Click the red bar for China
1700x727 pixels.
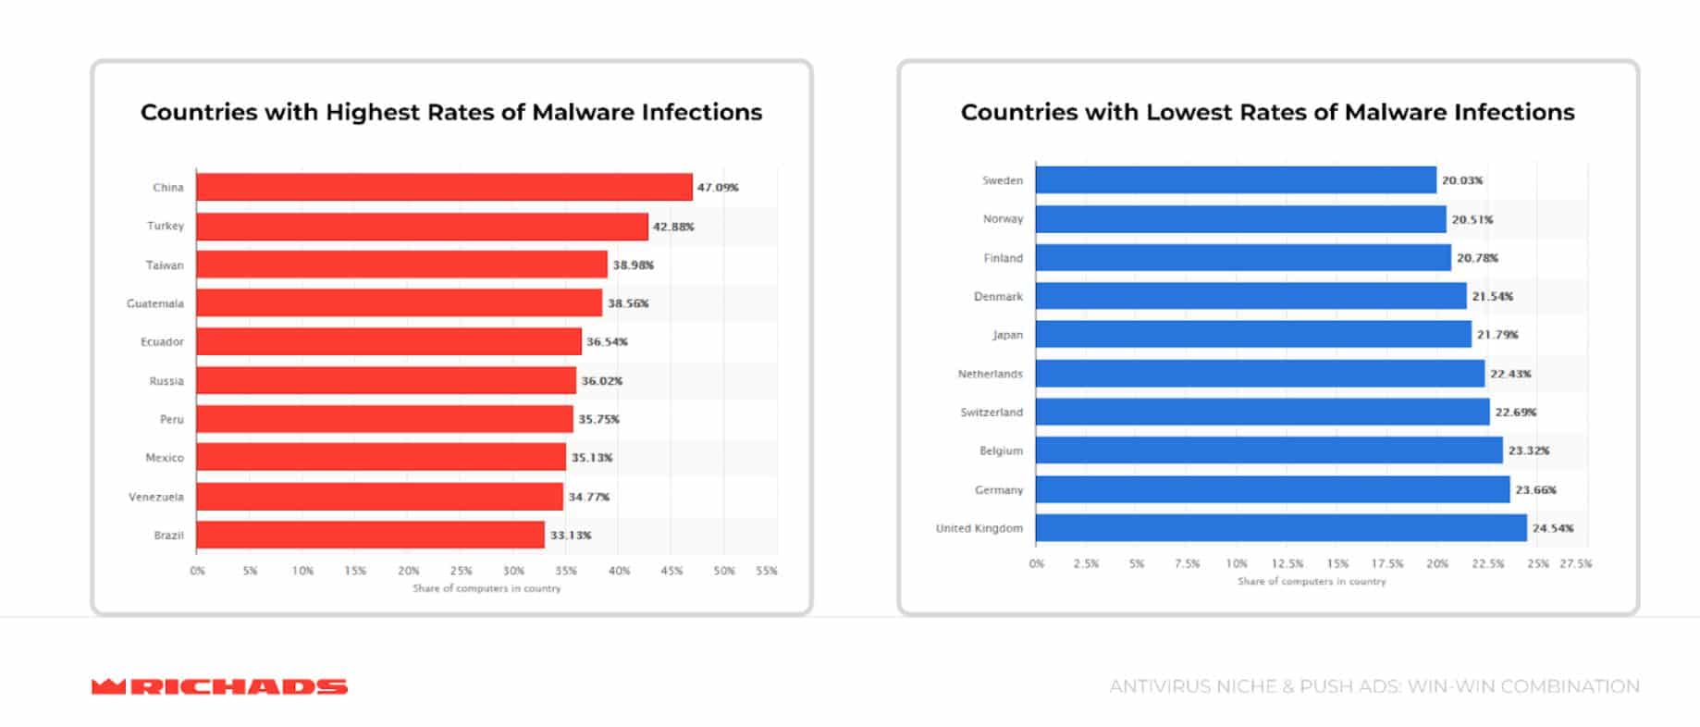(444, 187)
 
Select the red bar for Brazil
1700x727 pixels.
(370, 535)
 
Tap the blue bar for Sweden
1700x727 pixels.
(1236, 180)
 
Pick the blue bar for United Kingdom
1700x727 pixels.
(1281, 528)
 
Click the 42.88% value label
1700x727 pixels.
(673, 227)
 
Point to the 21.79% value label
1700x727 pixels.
(1497, 335)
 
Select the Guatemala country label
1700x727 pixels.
(155, 303)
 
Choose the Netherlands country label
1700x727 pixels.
(990, 374)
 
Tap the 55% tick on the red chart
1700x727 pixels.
(767, 571)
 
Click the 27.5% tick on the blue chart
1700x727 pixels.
(1576, 563)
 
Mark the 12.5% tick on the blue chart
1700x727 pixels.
(1287, 563)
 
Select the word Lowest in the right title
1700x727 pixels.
(1190, 113)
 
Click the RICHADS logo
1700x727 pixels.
(219, 686)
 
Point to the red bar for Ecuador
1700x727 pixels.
(388, 341)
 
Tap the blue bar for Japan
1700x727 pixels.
(1253, 335)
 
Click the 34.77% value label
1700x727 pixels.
(588, 497)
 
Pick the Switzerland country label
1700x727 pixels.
(992, 413)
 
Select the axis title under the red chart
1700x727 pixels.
(487, 588)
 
